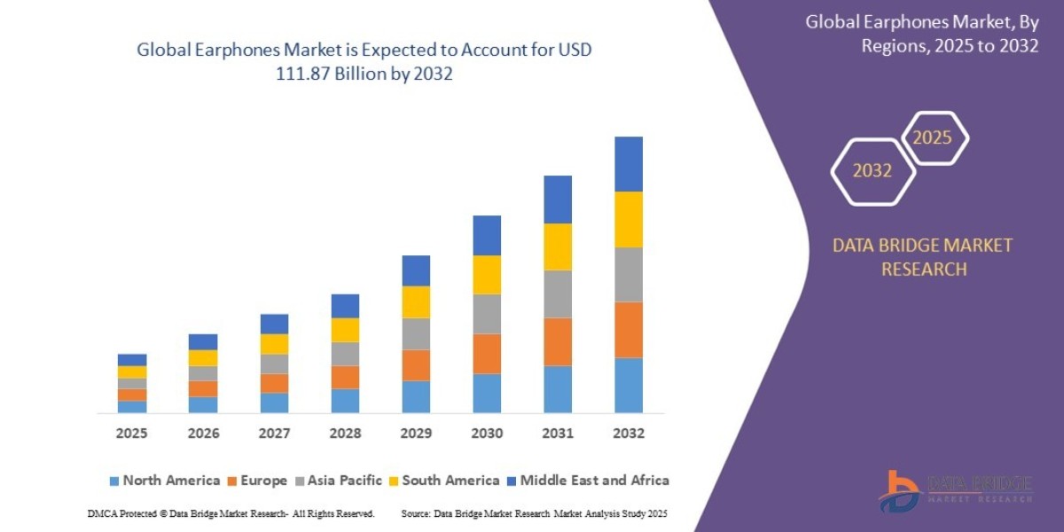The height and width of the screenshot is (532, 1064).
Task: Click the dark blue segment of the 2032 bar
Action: tap(629, 164)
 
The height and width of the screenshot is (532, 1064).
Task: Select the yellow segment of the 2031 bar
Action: tap(558, 246)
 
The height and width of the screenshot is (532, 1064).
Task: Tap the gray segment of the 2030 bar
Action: tap(487, 314)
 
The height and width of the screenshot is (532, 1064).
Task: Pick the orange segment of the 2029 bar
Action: tap(416, 365)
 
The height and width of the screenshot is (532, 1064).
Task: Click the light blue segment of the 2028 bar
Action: tap(345, 401)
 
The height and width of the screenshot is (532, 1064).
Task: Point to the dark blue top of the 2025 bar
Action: tap(132, 360)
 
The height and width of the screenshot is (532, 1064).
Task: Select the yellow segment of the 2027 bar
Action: tap(274, 344)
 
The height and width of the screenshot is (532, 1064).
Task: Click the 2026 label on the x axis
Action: tap(203, 434)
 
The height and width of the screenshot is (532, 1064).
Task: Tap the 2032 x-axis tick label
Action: tap(629, 434)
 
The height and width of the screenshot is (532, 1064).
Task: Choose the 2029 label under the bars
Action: tap(416, 434)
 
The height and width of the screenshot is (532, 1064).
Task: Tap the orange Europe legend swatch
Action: tap(233, 481)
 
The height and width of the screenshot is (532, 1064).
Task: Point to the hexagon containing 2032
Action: tap(872, 171)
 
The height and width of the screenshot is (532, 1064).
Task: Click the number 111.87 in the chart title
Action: tap(308, 74)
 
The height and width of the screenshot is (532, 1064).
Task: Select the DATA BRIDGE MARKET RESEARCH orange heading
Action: tap(922, 256)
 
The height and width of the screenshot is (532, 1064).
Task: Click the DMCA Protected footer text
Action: tap(231, 513)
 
